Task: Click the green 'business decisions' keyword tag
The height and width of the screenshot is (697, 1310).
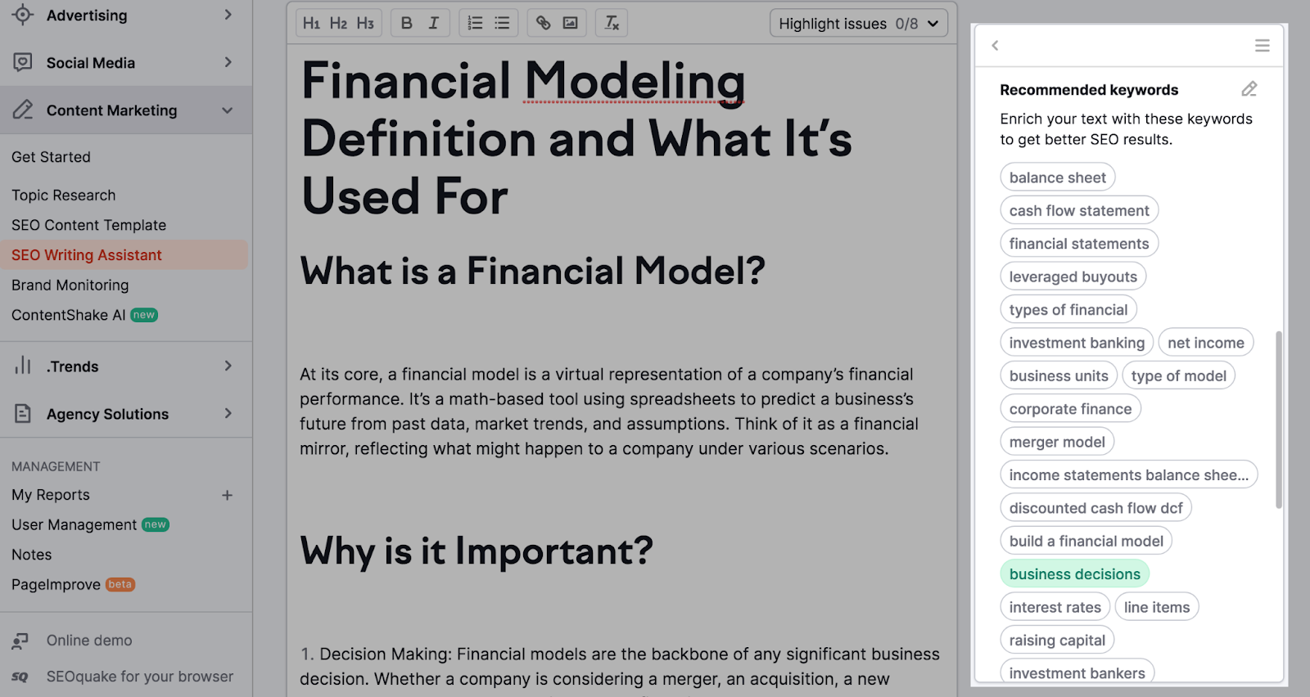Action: [x=1074, y=573]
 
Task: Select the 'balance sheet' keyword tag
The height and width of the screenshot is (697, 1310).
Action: [x=1057, y=177]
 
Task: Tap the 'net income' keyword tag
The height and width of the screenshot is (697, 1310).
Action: [x=1205, y=343]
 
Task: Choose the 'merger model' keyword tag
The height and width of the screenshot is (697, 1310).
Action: [x=1057, y=442]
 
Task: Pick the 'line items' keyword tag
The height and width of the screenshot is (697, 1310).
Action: [x=1157, y=607]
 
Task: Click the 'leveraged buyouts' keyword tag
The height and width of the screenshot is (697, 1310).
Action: [x=1073, y=277]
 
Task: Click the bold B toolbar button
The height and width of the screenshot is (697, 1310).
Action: [x=406, y=23]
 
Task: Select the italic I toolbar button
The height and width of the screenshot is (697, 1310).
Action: [x=433, y=23]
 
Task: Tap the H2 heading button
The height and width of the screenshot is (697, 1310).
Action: [x=338, y=23]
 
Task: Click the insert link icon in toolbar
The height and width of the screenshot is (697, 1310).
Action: [x=543, y=23]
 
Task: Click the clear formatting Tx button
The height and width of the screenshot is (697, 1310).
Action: [x=611, y=23]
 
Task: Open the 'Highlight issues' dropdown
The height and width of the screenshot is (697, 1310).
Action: [x=859, y=24]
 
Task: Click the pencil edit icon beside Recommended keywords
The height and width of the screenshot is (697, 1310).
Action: [x=1249, y=89]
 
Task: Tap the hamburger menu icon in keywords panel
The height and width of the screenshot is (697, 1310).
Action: [x=1262, y=46]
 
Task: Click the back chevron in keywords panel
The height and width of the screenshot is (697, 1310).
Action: [x=995, y=46]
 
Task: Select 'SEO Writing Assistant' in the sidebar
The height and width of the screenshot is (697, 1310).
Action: [x=87, y=254]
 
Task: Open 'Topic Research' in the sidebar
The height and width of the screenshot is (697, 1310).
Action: [x=64, y=196]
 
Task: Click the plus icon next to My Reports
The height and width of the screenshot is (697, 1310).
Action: [x=227, y=496]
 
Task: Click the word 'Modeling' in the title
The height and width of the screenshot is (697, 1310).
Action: [x=635, y=82]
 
